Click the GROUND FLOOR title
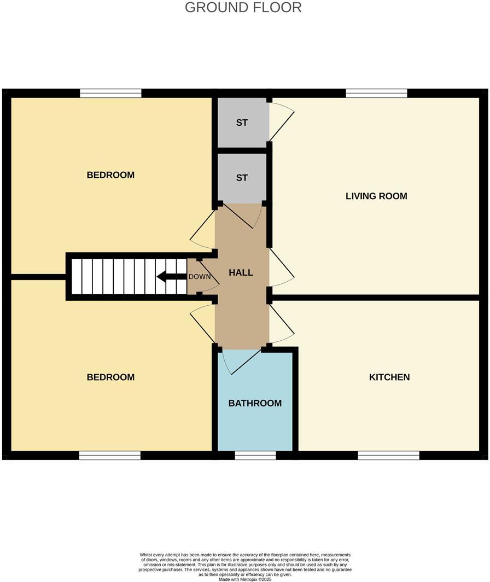[x=243, y=8]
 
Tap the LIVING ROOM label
[x=376, y=196]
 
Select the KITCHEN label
[x=389, y=377]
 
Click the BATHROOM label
[x=255, y=403]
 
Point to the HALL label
[x=241, y=272]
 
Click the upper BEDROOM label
[x=110, y=175]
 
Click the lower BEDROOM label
[x=110, y=377]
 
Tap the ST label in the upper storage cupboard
[x=242, y=123]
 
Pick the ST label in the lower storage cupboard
[x=242, y=178]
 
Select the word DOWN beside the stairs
[x=200, y=277]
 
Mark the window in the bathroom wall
[x=255, y=455]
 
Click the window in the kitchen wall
[x=389, y=455]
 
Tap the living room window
[x=376, y=94]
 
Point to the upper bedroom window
[x=110, y=94]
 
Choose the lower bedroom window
[x=110, y=455]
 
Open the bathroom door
[x=241, y=361]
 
